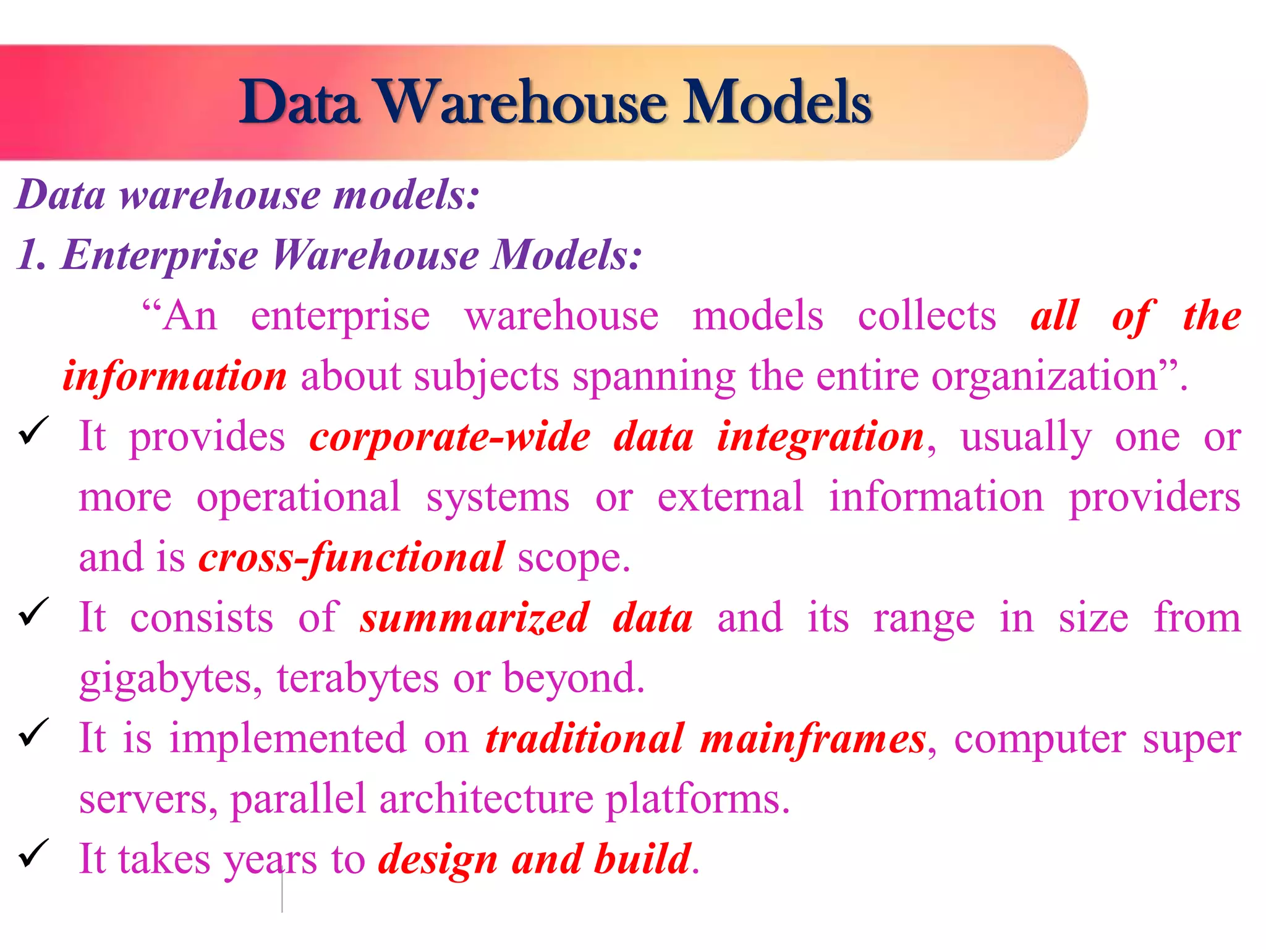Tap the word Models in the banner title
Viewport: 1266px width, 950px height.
point(778,102)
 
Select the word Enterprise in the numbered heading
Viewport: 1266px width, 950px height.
point(159,255)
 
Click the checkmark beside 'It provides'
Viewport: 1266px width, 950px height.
point(34,430)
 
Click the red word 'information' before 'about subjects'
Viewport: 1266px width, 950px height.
point(175,376)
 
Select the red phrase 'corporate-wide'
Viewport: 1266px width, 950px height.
point(450,437)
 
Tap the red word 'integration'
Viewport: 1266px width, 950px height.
point(820,437)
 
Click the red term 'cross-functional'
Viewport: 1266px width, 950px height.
point(352,557)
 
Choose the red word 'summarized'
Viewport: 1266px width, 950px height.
point(474,618)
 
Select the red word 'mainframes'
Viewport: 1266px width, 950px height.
point(813,738)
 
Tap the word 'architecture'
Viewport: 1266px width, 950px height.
point(486,799)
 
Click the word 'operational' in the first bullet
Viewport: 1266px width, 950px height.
point(299,497)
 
